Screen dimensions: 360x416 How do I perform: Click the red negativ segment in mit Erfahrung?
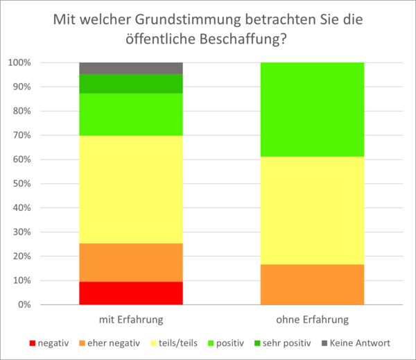click(x=130, y=293)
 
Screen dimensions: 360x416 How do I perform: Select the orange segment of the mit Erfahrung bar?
click(x=130, y=262)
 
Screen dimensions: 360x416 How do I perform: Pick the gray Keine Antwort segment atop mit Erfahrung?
click(x=130, y=68)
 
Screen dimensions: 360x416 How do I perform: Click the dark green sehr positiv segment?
click(x=130, y=83)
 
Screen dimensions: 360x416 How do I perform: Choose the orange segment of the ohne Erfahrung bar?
click(x=312, y=284)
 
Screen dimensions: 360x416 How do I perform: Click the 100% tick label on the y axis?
click(x=19, y=63)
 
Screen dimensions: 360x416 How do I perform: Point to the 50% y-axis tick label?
click(x=21, y=184)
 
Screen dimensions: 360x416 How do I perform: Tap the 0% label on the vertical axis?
click(x=24, y=305)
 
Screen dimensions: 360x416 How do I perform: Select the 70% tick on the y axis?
click(x=21, y=135)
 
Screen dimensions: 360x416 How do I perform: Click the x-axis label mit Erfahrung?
click(x=130, y=320)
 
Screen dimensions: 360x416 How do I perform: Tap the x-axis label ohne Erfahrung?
click(x=312, y=320)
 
